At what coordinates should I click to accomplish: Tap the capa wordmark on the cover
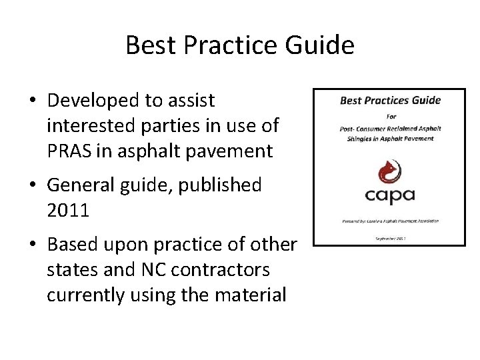pyautogui.click(x=390, y=195)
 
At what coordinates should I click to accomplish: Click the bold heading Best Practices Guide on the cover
pyautogui.click(x=391, y=101)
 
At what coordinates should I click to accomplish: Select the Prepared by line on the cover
pyautogui.click(x=390, y=221)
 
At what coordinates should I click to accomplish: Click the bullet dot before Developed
pyautogui.click(x=32, y=101)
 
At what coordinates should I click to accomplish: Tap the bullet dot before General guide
pyautogui.click(x=32, y=186)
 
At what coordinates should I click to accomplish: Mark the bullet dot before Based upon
pyautogui.click(x=32, y=245)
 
